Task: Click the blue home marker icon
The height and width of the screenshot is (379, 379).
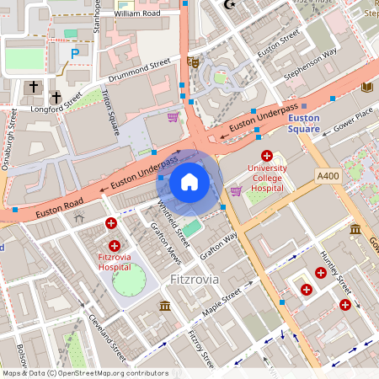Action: pos(189,181)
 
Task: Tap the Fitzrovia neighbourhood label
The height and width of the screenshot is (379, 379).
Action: pos(194,278)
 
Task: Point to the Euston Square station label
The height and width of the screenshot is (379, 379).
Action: pos(303,124)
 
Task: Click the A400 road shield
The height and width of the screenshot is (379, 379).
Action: pos(328,175)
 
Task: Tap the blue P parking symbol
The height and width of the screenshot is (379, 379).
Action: pos(75,53)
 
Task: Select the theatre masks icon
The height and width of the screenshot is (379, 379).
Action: pos(194,61)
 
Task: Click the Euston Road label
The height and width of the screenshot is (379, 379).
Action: pos(60,209)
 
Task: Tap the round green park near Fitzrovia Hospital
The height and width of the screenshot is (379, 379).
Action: pos(128,280)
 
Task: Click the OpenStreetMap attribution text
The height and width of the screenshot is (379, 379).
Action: pos(85,373)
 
